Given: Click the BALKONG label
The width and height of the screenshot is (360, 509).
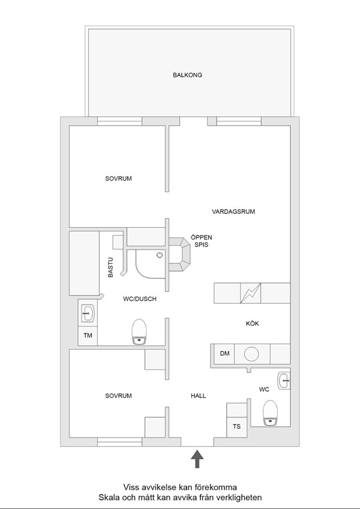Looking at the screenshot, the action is (187, 75).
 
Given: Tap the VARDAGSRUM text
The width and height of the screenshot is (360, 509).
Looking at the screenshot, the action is (233, 212).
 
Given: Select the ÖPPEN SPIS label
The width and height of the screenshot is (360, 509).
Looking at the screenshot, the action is (202, 241).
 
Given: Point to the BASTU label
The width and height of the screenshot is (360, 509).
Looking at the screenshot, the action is (111, 267).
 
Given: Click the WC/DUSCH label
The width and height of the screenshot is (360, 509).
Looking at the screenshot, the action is (140, 299).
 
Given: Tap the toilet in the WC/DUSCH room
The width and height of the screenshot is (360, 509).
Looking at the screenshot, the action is (139, 332).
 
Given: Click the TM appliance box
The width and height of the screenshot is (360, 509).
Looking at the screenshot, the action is (88, 336).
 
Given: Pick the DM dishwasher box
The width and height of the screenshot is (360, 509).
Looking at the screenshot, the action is (224, 354).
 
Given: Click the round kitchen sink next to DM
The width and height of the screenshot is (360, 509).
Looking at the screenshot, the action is (251, 354).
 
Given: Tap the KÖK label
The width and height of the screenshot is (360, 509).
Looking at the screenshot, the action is (253, 324).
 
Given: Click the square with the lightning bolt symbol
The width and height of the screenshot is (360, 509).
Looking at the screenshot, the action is (251, 293).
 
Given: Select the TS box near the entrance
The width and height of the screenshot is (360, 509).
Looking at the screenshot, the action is (236, 426).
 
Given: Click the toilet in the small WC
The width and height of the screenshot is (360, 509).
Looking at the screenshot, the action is (271, 413).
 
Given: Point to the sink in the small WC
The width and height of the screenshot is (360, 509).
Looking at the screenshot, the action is (284, 381).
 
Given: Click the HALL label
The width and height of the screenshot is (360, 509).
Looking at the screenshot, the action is (198, 396).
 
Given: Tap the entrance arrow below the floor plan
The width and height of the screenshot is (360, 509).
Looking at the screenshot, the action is (197, 459).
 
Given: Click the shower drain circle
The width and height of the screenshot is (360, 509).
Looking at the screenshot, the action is (160, 255).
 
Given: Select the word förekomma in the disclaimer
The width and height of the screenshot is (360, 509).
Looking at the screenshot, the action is (216, 487).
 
